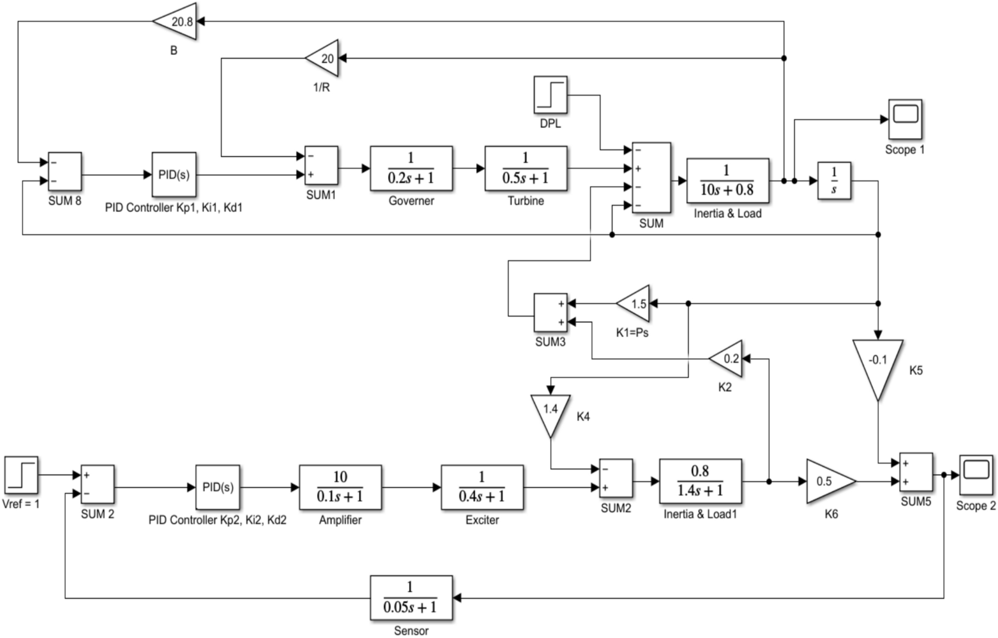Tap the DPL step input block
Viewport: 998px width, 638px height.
click(x=550, y=95)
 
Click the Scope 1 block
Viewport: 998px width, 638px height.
click(x=905, y=119)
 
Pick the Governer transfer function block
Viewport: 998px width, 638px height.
click(x=411, y=169)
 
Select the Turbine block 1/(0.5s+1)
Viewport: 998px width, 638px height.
click(x=526, y=169)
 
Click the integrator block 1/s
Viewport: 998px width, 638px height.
click(x=833, y=181)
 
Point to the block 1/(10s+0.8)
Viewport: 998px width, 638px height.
click(x=727, y=181)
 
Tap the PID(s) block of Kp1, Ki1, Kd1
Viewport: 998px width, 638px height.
click(x=174, y=175)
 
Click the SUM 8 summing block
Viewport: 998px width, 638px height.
click(x=65, y=172)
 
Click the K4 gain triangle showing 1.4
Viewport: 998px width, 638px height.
click(x=550, y=412)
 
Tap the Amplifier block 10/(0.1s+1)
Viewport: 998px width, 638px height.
click(x=340, y=487)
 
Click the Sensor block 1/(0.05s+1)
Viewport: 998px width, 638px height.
click(x=411, y=598)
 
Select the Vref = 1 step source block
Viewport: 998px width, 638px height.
click(x=21, y=475)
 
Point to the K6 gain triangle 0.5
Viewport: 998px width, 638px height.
click(x=827, y=481)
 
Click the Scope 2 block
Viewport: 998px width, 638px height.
click(x=975, y=475)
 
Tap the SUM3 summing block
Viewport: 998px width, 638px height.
click(x=550, y=313)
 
